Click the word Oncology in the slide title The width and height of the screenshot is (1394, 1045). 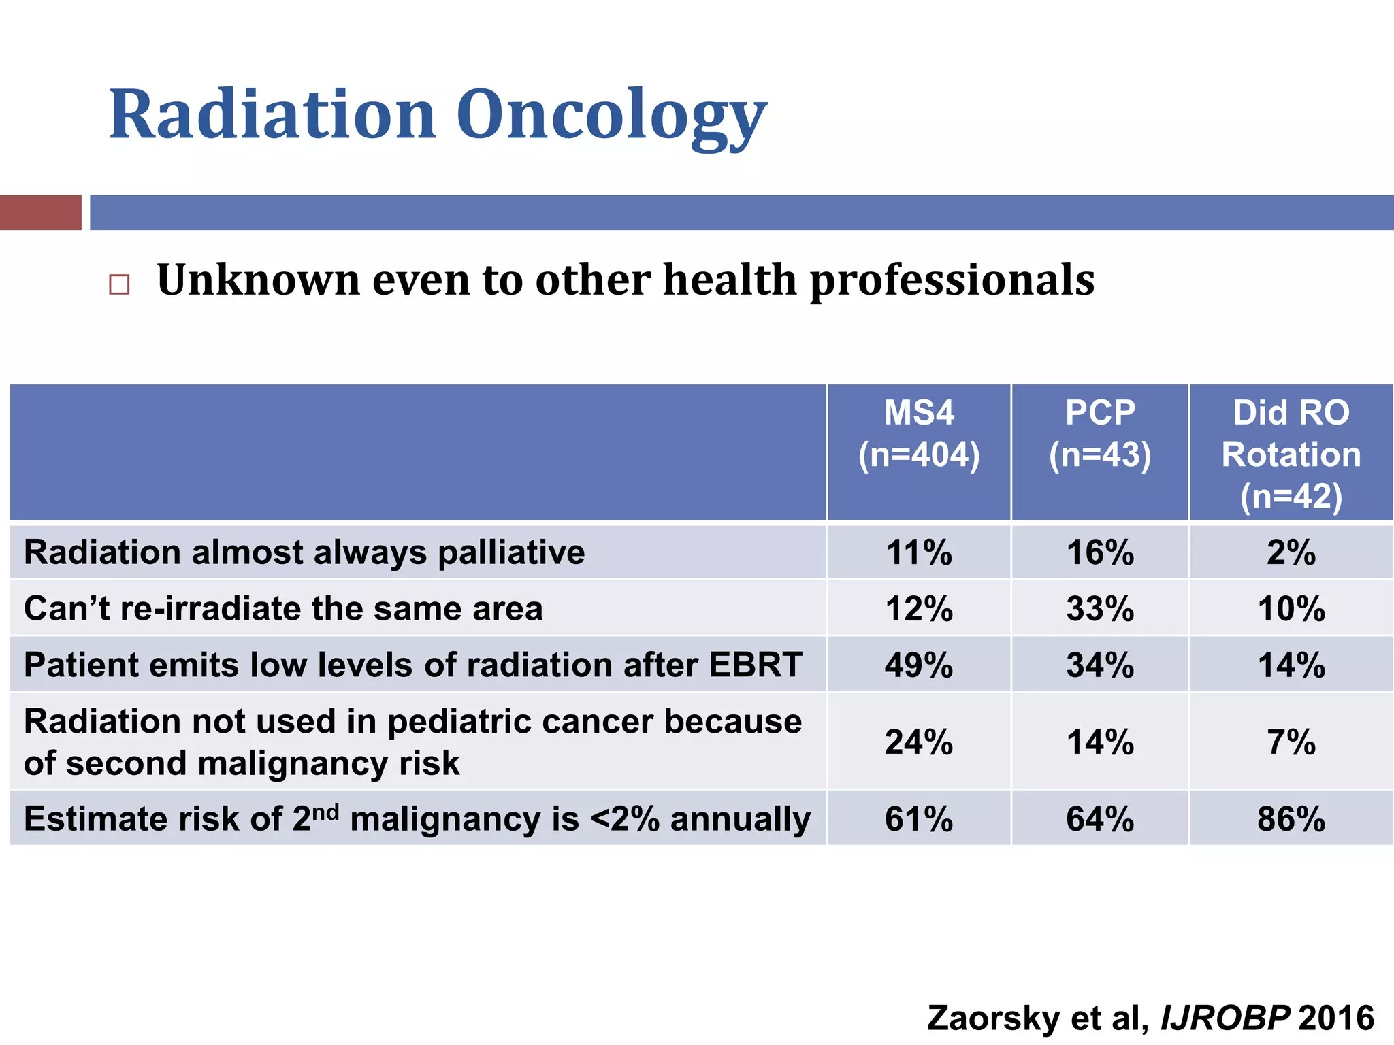pyautogui.click(x=611, y=116)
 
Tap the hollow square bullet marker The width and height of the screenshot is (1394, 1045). pyautogui.click(x=119, y=284)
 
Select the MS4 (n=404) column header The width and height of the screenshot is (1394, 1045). pyautogui.click(x=919, y=434)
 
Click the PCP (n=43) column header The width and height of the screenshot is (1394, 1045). pyautogui.click(x=1100, y=434)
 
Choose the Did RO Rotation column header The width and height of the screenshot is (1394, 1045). pyautogui.click(x=1291, y=454)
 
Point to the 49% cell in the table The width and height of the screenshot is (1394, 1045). pyautogui.click(x=919, y=665)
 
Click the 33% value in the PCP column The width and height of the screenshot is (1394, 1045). pyautogui.click(x=1100, y=608)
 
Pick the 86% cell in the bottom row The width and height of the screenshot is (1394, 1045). pyautogui.click(x=1291, y=818)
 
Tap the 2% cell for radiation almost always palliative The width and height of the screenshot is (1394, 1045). pyautogui.click(x=1291, y=552)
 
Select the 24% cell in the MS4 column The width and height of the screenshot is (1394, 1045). pyautogui.click(x=919, y=742)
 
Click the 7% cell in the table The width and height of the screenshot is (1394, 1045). pyautogui.click(x=1291, y=742)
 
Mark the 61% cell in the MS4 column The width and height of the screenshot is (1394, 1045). pyautogui.click(x=919, y=818)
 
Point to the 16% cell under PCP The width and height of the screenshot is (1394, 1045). pyautogui.click(x=1100, y=552)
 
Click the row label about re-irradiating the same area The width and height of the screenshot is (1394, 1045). pyautogui.click(x=283, y=608)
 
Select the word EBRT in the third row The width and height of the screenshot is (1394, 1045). pyautogui.click(x=756, y=665)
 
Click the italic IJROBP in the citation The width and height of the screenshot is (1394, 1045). pyautogui.click(x=1225, y=1018)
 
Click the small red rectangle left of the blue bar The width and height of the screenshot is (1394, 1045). pyautogui.click(x=40, y=212)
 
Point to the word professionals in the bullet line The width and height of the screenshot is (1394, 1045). pyautogui.click(x=952, y=281)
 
